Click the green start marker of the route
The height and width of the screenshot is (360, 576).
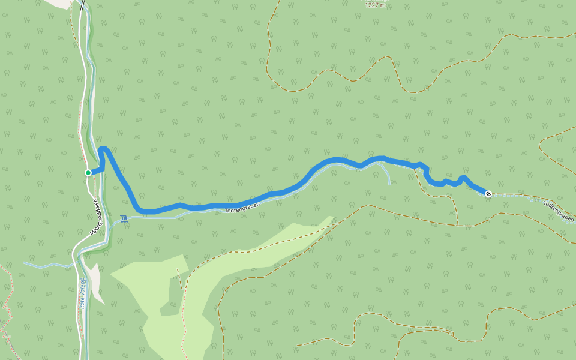click(88, 173)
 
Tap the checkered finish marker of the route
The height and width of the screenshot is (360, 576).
click(488, 193)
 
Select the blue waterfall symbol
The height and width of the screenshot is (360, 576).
click(124, 219)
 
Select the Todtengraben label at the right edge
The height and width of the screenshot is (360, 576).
click(558, 212)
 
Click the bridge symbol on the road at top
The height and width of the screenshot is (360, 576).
click(82, 7)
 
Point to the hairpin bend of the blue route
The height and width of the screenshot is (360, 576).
click(103, 149)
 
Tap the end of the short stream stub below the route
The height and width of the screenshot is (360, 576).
click(389, 184)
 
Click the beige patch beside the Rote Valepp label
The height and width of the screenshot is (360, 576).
click(95, 282)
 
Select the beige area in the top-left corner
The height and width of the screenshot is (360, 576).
click(57, 3)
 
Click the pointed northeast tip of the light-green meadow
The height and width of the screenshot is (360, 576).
click(331, 217)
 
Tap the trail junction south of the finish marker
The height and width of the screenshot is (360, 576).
click(458, 226)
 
